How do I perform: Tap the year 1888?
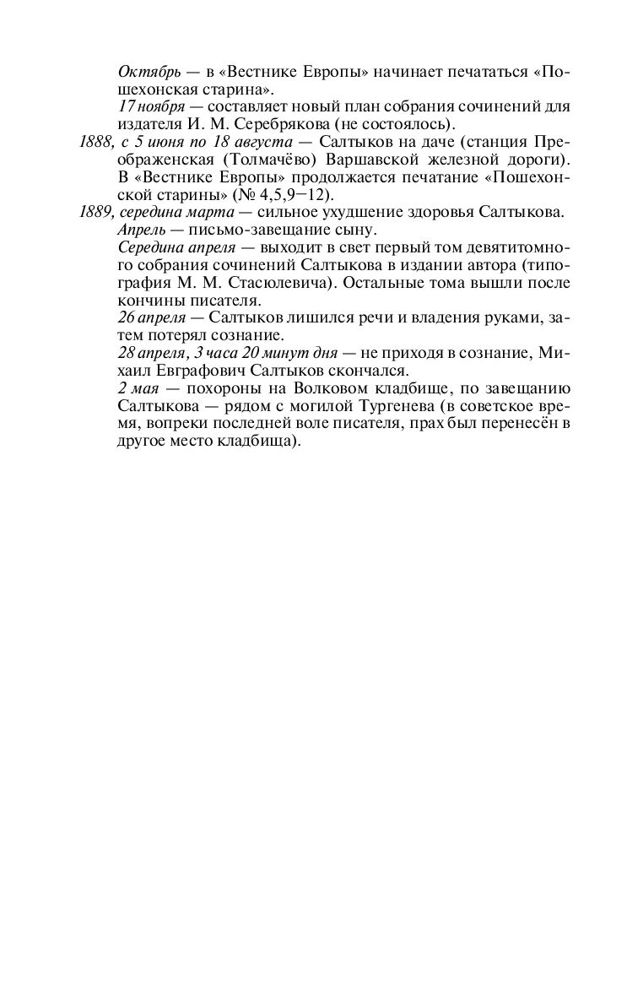[95, 140]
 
